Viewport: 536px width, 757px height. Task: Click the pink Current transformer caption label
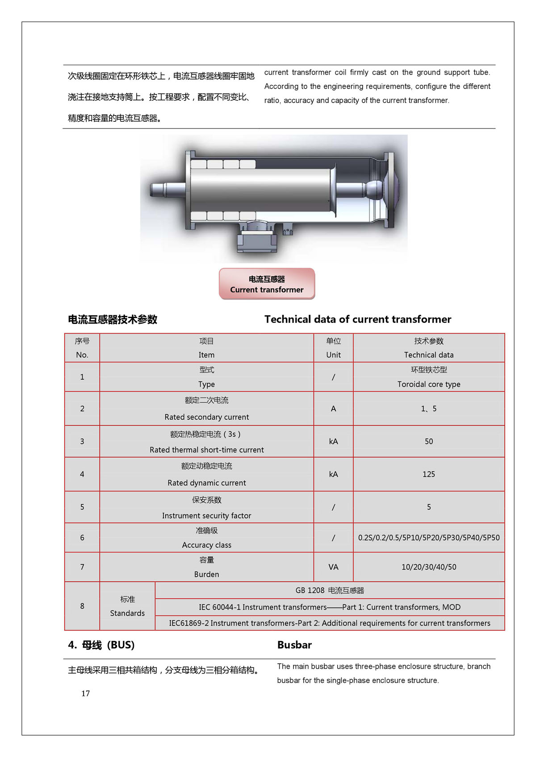[267, 284]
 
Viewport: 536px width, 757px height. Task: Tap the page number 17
[85, 693]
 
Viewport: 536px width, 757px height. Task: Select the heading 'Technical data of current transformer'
[357, 319]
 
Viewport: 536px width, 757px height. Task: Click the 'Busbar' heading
[294, 645]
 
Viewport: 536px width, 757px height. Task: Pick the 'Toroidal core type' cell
[428, 384]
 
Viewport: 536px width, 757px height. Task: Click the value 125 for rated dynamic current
[428, 474]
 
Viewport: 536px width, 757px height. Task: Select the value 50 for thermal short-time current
[428, 441]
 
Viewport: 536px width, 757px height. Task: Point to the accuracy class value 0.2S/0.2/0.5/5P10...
[428, 538]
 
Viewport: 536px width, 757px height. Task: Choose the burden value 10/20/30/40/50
[428, 567]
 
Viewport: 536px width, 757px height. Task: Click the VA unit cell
[333, 567]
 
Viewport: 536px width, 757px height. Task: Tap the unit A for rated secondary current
[333, 409]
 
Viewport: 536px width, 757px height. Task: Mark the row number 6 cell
[82, 538]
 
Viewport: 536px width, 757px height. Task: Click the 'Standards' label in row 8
[127, 613]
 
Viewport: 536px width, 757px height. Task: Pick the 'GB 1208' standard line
[330, 591]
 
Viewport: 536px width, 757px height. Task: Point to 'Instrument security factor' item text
[206, 516]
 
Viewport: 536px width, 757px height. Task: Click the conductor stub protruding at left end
[163, 190]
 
